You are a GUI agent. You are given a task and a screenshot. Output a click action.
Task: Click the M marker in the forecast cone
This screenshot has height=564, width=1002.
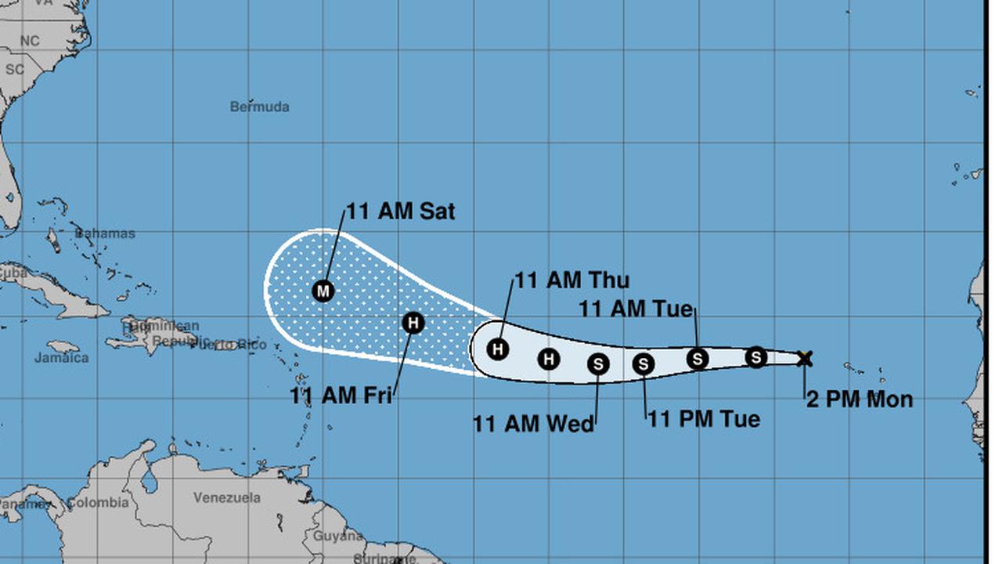[323, 291]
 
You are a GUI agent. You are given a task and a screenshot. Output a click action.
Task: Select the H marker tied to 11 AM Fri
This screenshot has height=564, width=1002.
[413, 322]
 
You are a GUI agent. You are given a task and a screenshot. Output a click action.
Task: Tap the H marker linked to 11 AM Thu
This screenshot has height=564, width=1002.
[498, 349]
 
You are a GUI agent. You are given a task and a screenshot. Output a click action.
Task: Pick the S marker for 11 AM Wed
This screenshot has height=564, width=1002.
[599, 363]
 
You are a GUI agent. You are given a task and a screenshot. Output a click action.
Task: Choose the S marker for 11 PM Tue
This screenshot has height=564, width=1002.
[643, 363]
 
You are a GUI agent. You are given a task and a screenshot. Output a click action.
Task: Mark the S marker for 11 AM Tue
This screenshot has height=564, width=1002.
[697, 359]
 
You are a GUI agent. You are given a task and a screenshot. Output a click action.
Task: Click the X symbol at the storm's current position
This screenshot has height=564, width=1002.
[805, 359]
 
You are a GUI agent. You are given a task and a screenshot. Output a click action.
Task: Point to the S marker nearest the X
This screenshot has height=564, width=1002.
[755, 357]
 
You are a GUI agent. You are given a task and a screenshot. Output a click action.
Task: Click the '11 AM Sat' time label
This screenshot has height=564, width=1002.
[401, 211]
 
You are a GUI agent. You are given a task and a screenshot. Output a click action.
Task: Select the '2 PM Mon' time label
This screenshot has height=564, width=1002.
[860, 399]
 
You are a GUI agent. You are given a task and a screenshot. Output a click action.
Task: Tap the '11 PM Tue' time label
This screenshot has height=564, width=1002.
[704, 419]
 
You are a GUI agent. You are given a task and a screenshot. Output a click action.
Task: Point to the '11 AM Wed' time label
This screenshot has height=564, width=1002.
[533, 424]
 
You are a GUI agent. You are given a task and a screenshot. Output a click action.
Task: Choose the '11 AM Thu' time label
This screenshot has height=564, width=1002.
[571, 280]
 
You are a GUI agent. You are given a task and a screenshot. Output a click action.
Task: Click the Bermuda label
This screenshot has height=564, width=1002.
[260, 107]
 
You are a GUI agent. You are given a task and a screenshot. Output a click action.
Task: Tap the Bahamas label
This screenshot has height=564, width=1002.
[105, 233]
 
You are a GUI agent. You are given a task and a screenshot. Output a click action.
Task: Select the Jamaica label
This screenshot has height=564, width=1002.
[61, 358]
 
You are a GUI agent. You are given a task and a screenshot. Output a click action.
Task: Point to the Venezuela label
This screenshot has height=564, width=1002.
[227, 497]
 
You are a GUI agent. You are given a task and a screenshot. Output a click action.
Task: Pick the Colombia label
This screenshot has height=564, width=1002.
[97, 503]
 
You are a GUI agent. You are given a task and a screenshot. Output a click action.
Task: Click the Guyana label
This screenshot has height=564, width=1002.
[337, 537]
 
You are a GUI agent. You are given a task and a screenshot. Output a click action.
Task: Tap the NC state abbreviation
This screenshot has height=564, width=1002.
[30, 41]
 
